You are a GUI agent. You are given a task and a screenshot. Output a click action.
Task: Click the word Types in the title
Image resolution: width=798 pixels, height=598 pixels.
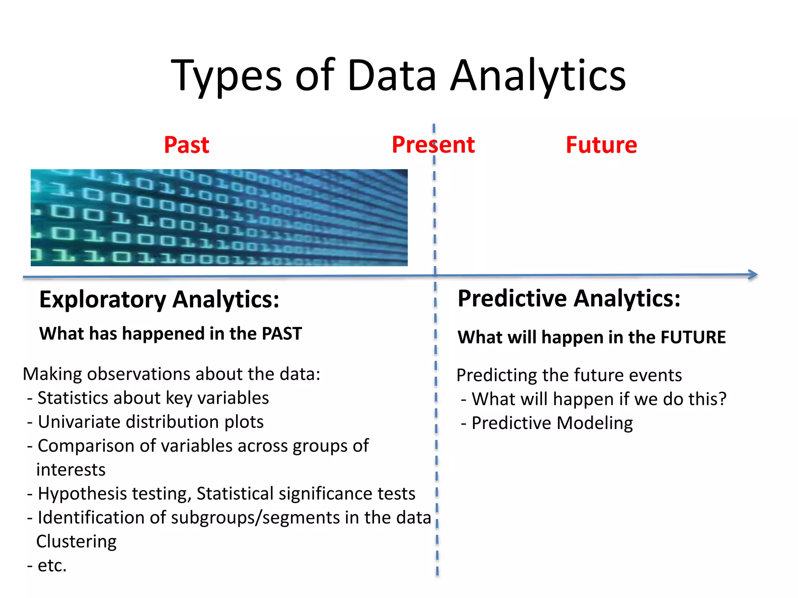click(226, 76)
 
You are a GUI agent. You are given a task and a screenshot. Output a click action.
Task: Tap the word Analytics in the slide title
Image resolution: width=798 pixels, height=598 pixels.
click(538, 76)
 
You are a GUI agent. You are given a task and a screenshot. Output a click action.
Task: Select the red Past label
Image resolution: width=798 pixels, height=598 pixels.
click(186, 145)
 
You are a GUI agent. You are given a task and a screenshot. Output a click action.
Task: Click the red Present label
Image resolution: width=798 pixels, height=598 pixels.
click(433, 145)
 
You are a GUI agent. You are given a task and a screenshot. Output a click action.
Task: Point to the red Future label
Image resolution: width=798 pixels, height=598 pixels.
click(601, 145)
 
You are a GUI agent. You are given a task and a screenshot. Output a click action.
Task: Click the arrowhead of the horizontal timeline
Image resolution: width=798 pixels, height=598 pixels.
click(754, 275)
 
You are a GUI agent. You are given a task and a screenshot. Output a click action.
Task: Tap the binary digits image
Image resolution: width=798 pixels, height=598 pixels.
click(219, 218)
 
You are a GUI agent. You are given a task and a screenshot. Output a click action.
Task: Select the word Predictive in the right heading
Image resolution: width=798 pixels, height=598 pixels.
click(512, 299)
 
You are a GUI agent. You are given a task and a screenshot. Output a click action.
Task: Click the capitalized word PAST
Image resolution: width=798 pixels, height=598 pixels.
click(282, 334)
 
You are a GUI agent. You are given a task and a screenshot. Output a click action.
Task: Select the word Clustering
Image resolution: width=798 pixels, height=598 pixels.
click(76, 542)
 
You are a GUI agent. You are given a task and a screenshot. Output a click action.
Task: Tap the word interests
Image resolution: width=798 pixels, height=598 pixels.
click(71, 470)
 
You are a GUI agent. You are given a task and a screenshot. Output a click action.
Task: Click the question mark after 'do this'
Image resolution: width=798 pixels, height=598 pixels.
click(722, 399)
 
